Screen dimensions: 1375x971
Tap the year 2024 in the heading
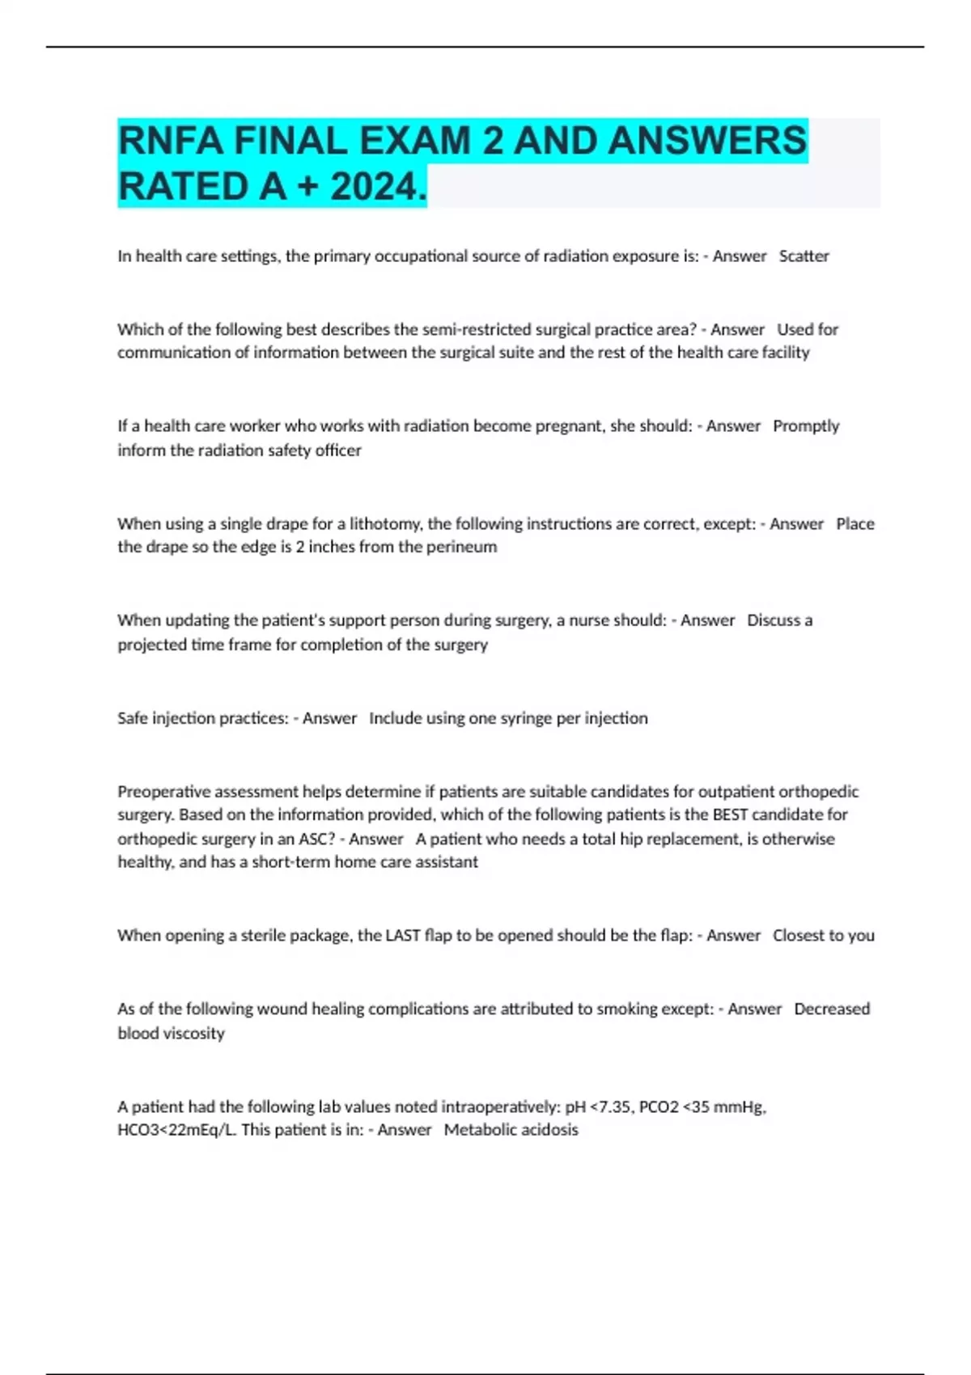coord(375,187)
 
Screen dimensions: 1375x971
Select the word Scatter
coord(804,256)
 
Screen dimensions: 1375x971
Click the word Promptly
coord(806,425)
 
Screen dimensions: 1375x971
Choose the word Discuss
coord(769,620)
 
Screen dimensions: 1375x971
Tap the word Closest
coord(798,935)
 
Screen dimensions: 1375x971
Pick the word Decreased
coord(832,1009)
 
